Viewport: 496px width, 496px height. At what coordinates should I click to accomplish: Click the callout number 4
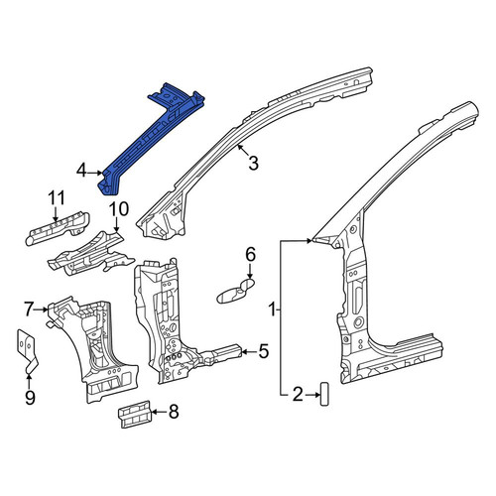tap(81, 172)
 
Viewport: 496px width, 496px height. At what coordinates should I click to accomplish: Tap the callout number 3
tap(253, 164)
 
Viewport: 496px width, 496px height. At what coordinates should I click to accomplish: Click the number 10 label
tap(119, 209)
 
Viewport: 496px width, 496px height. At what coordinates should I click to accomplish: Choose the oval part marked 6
tap(235, 291)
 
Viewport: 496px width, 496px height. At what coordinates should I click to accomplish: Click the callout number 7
tap(29, 310)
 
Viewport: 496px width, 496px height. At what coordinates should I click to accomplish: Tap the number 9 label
tap(30, 398)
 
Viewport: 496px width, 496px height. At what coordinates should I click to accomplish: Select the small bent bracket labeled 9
tap(27, 351)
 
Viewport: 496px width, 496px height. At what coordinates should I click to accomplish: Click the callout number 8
tap(174, 412)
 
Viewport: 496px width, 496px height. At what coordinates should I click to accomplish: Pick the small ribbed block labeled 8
tap(135, 415)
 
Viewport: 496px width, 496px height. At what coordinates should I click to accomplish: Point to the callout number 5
tap(263, 351)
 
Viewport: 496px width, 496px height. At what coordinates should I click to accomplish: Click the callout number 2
tap(298, 395)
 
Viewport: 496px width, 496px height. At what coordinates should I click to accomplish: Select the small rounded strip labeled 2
tap(324, 394)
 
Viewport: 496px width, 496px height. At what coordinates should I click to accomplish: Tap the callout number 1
tap(272, 310)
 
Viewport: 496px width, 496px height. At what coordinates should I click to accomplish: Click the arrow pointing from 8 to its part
tap(159, 412)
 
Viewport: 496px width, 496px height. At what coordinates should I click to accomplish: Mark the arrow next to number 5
tap(249, 352)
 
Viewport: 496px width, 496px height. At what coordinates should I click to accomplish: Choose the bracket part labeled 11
tap(58, 228)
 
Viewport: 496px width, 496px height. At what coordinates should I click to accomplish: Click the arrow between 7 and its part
tap(42, 310)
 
